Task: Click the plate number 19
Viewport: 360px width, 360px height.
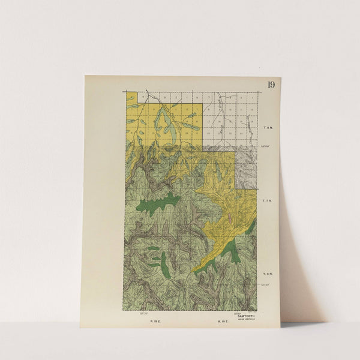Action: [x=271, y=84]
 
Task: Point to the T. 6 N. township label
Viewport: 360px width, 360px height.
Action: [x=268, y=274]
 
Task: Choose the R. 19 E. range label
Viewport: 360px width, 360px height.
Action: [x=222, y=322]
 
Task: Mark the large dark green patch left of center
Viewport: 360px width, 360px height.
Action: [x=157, y=203]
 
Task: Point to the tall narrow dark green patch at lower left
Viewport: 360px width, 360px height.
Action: [x=163, y=260]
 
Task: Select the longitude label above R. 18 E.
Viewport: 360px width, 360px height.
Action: [x=143, y=313]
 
